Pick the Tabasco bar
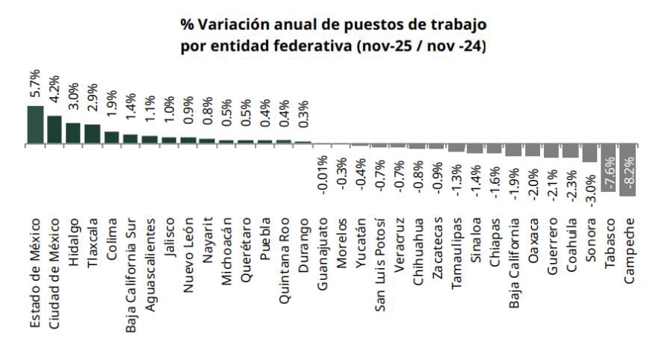[609, 168]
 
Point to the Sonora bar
[589, 153]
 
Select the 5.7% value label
[35, 88]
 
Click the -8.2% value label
[628, 173]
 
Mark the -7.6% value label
[609, 173]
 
